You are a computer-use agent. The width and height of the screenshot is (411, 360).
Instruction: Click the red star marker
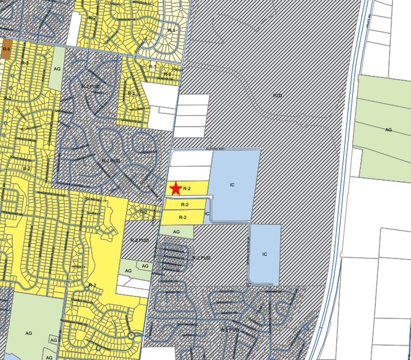176,189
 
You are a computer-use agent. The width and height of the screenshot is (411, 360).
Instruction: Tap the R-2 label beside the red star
187,189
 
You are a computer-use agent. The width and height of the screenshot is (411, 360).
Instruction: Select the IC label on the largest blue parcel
232,184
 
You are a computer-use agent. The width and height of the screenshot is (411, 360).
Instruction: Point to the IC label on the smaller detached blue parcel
264,254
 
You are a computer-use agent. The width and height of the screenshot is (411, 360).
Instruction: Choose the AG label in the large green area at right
388,130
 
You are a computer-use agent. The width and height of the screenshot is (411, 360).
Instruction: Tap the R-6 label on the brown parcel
6,48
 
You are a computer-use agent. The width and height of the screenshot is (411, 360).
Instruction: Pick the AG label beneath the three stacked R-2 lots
176,232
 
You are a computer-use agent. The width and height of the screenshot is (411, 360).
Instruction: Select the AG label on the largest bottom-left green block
28,333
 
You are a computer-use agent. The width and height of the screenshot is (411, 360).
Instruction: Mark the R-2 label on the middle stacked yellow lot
184,204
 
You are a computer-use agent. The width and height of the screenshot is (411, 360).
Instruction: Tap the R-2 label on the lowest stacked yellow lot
182,217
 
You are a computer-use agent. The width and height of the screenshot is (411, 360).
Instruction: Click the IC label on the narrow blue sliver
207,214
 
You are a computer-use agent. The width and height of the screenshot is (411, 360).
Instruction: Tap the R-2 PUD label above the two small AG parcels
141,241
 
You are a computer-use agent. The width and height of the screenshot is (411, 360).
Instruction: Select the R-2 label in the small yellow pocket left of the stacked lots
144,212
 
